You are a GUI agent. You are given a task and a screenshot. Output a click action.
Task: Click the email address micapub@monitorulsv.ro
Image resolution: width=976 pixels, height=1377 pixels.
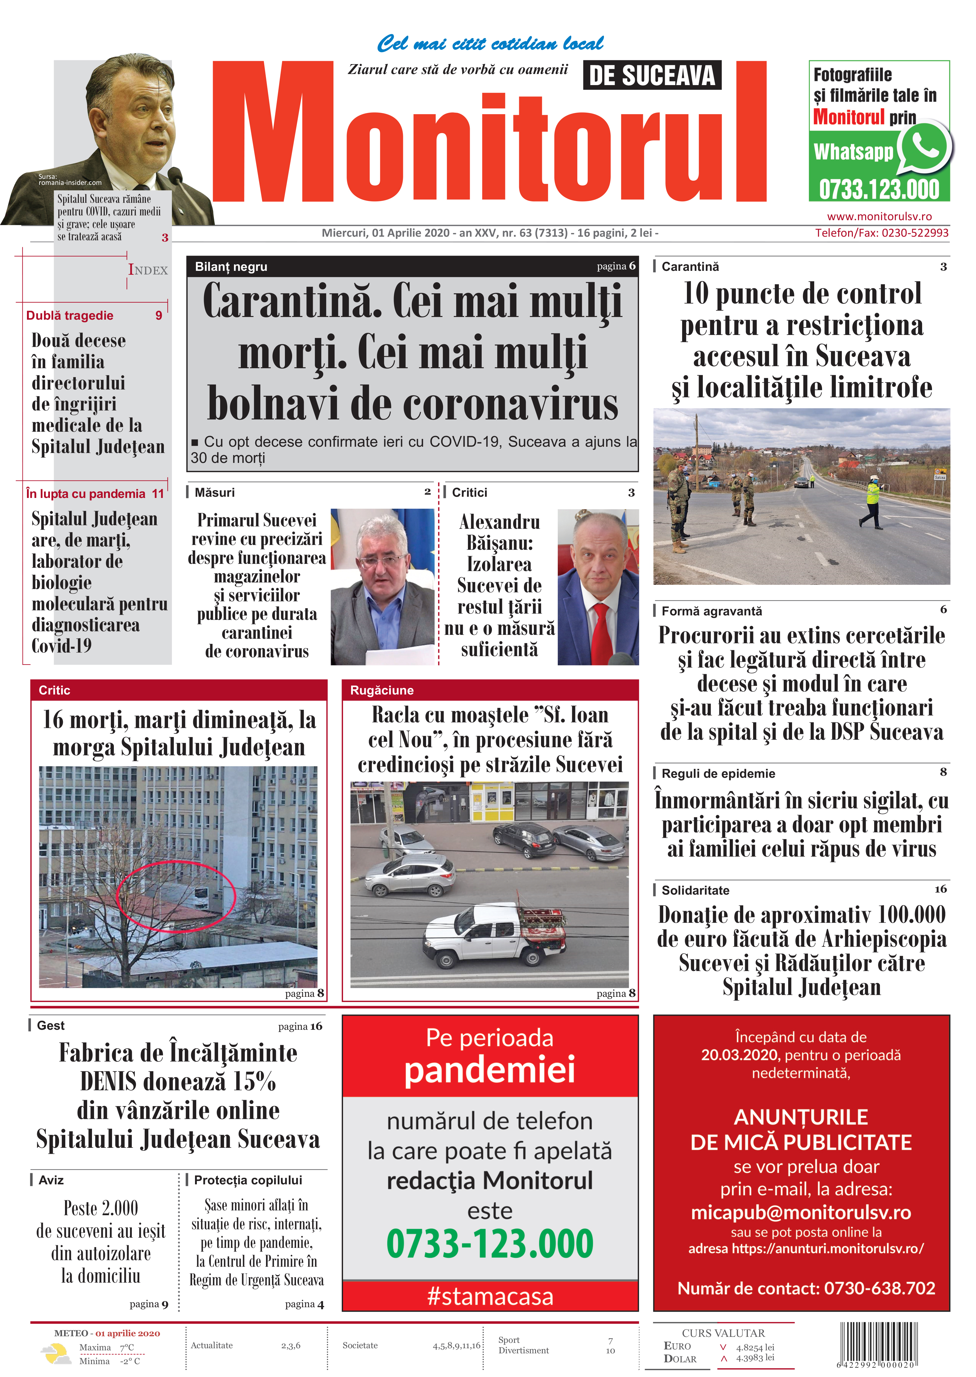coord(801,1212)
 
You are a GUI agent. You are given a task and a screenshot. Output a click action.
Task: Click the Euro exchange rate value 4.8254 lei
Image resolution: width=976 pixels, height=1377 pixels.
coord(755,1347)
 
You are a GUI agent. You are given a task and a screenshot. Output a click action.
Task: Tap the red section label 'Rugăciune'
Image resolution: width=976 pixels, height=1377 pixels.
coord(382,690)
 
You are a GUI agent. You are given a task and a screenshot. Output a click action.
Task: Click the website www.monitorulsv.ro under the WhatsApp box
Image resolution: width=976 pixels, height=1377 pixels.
coord(879,216)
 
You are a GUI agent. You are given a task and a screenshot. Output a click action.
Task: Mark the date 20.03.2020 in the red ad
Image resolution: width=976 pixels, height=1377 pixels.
coord(739,1055)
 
